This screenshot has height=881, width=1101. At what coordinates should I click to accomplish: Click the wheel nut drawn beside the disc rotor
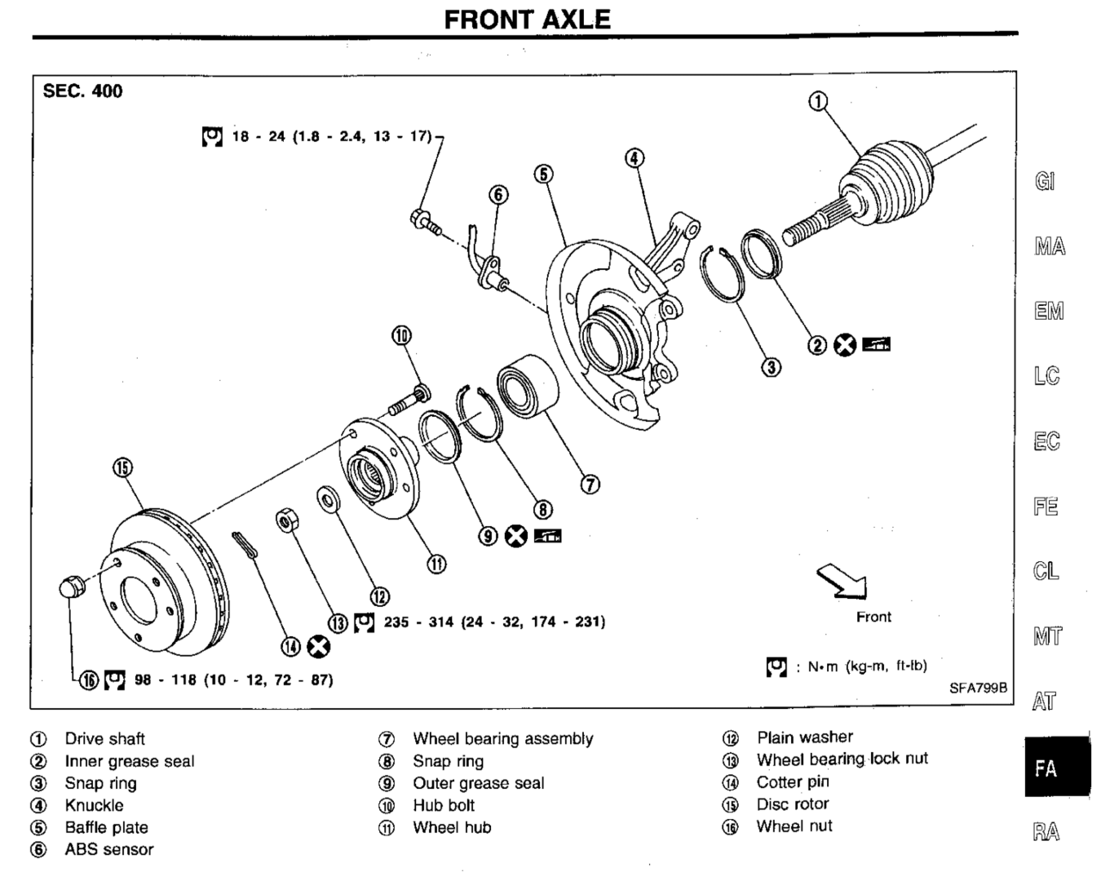[72, 587]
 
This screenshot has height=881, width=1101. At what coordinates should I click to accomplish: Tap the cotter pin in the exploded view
[245, 546]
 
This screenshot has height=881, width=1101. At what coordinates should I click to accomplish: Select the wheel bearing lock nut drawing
[288, 520]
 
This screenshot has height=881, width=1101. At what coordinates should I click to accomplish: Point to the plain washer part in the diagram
[329, 499]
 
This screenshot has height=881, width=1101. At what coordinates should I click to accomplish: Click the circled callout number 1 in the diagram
[817, 101]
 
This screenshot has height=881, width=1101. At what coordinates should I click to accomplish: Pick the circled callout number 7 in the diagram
[590, 485]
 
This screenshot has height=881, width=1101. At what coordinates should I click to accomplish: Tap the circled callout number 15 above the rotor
[123, 467]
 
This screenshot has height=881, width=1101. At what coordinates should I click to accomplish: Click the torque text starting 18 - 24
[332, 137]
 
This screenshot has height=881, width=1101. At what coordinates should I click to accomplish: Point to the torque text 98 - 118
[233, 680]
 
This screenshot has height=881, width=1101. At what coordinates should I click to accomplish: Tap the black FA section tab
[1057, 767]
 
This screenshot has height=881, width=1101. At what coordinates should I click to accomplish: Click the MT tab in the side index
[1047, 636]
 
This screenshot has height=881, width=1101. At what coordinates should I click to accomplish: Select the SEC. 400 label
[82, 91]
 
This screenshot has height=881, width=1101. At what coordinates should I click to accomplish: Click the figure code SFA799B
[978, 688]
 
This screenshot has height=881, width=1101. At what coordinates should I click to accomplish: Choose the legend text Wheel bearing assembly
[503, 739]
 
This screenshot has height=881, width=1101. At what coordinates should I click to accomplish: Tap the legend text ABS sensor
[109, 849]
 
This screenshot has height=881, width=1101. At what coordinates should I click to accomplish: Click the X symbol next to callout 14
[318, 647]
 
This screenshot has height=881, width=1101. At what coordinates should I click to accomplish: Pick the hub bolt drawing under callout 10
[409, 400]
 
